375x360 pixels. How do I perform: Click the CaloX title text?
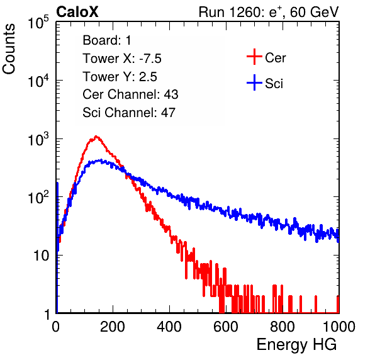tap(77, 12)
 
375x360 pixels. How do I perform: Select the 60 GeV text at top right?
tap(315, 12)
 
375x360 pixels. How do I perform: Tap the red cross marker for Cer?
tap(254, 57)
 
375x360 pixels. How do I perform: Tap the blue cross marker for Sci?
tap(254, 82)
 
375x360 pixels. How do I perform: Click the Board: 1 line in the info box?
tap(107, 40)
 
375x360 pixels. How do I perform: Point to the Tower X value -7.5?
tap(150, 59)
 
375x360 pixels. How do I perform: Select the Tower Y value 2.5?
tap(148, 77)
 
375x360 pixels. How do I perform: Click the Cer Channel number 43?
tap(171, 94)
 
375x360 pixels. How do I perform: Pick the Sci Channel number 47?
tap(168, 113)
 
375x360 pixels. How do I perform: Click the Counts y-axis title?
tap(9, 48)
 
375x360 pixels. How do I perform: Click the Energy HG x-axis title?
tap(296, 344)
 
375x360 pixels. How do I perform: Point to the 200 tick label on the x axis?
tap(113, 327)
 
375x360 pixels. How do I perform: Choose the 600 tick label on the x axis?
tap(226, 327)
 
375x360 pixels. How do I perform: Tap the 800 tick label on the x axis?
tap(283, 327)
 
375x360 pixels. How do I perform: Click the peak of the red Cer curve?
tap(96, 137)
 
